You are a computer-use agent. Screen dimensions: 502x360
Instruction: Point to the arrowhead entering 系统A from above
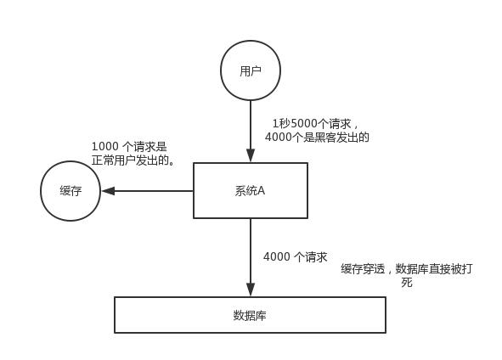pyautogui.click(x=251, y=156)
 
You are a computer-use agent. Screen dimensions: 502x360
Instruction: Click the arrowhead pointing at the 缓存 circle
pyautogui.click(x=108, y=191)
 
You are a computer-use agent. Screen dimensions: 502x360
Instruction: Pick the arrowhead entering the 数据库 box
pyautogui.click(x=251, y=290)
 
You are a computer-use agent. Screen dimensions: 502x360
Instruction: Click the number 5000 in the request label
pyautogui.click(x=304, y=123)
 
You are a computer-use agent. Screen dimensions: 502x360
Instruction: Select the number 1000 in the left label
pyautogui.click(x=105, y=147)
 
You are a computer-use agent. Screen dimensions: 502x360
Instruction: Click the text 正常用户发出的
pyautogui.click(x=130, y=160)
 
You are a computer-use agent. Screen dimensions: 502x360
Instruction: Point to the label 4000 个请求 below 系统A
pyautogui.click(x=296, y=257)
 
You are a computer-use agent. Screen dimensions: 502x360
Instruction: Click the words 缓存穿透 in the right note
pyautogui.click(x=363, y=269)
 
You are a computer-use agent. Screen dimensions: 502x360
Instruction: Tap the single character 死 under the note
pyautogui.click(x=407, y=282)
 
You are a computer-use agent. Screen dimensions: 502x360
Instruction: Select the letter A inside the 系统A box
pyautogui.click(x=262, y=191)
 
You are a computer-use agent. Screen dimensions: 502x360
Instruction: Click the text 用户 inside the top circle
pyautogui.click(x=251, y=70)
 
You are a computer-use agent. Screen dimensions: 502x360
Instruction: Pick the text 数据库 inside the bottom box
pyautogui.click(x=250, y=316)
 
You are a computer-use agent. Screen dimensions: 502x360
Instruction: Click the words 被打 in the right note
pyautogui.click(x=461, y=269)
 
